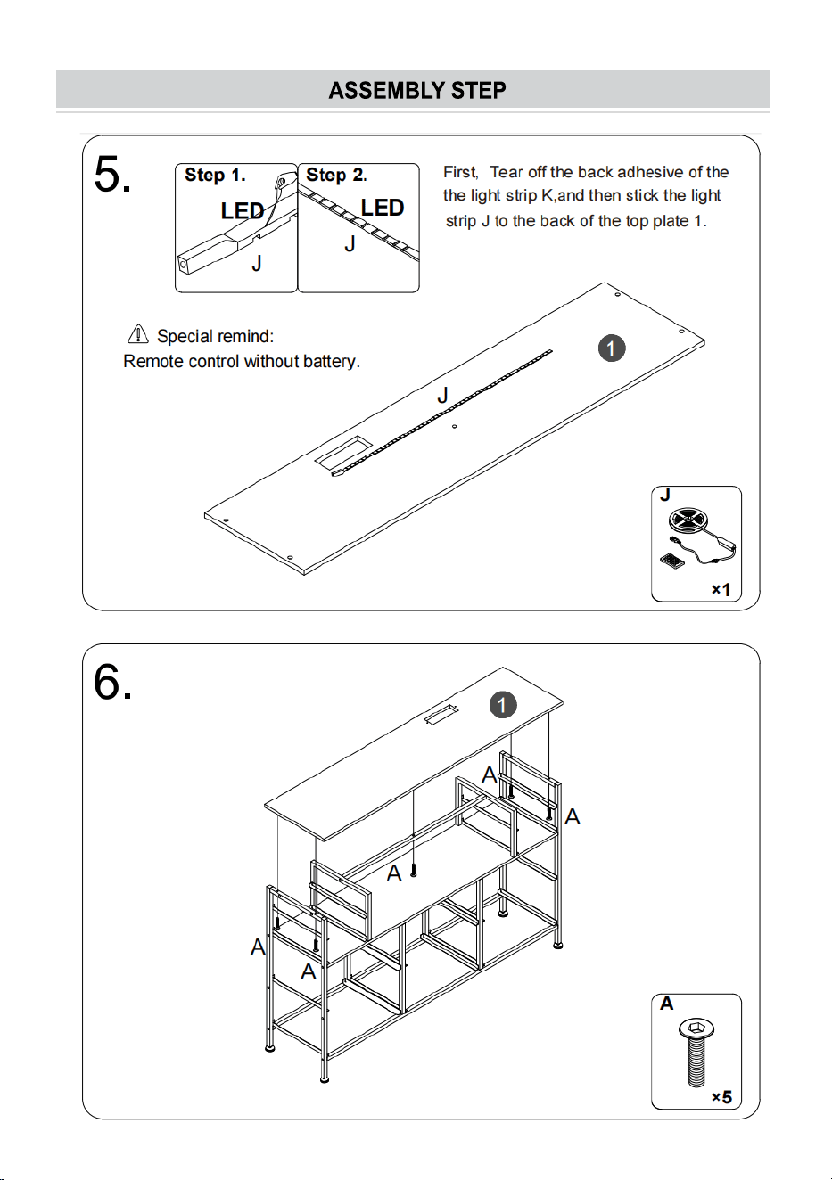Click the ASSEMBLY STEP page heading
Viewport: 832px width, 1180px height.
417,90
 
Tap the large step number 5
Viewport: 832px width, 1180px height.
112,175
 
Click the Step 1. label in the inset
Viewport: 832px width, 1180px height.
215,175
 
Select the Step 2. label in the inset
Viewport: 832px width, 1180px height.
336,175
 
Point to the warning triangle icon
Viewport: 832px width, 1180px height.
138,333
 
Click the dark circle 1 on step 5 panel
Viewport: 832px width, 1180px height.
612,348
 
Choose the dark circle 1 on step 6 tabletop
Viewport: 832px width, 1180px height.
502,705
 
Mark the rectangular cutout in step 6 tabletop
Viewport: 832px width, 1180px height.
441,716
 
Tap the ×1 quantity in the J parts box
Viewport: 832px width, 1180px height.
721,589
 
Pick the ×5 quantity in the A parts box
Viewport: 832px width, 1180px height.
721,1097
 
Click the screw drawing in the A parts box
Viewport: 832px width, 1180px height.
696,1053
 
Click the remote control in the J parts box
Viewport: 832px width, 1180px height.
671,561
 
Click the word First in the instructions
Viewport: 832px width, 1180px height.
460,173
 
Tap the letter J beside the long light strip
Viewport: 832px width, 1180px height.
443,395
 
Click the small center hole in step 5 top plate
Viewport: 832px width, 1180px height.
454,426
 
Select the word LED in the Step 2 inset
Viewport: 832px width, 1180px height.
383,208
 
